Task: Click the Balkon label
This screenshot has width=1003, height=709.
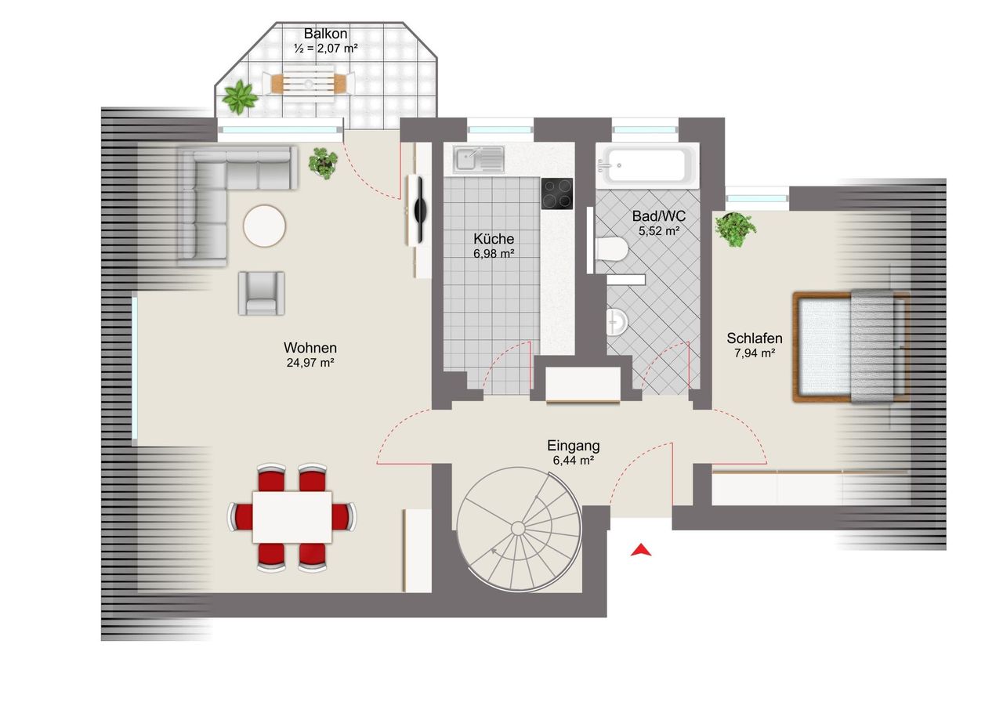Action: pos(325,34)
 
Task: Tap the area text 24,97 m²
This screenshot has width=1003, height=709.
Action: pos(310,363)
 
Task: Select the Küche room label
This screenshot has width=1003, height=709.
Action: pos(494,239)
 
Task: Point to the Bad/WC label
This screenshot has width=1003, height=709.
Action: pos(659,216)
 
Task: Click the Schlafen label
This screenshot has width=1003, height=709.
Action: pos(755,338)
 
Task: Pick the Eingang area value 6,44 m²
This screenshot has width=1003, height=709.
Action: pos(573,460)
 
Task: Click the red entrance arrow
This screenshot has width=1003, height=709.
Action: pos(641,550)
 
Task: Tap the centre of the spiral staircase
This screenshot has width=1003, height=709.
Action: pos(519,529)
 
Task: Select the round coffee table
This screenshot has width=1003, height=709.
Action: pos(264,226)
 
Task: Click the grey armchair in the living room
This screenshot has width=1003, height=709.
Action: pos(262,293)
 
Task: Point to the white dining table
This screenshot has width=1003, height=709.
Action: pos(292,517)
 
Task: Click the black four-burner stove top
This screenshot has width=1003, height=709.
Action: pos(557,194)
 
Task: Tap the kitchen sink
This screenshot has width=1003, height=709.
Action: pos(478,159)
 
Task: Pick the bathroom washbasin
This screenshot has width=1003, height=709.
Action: pos(617,321)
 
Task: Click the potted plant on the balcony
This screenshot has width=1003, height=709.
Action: pos(241,96)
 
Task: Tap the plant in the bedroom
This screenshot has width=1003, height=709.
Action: pos(735,230)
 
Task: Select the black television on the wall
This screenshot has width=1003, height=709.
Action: pos(419,210)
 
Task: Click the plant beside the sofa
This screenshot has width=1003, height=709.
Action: pos(323,163)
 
